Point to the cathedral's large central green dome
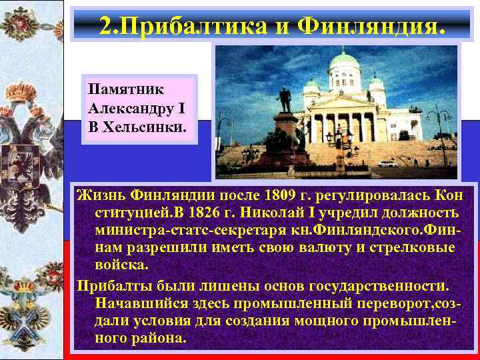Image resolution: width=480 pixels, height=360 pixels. tap(345, 61)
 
